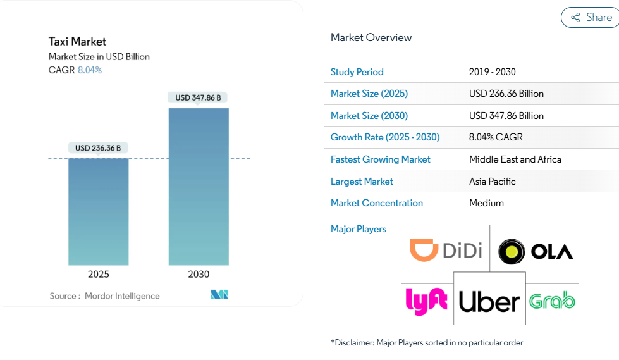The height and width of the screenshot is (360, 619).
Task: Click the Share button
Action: pyautogui.click(x=591, y=18)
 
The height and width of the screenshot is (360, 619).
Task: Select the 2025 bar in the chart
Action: pyautogui.click(x=99, y=211)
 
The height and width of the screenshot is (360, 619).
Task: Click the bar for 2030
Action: pyautogui.click(x=199, y=186)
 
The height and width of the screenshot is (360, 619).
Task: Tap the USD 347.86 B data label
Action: pyautogui.click(x=199, y=97)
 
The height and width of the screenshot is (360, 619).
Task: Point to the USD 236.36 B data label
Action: pyautogui.click(x=98, y=148)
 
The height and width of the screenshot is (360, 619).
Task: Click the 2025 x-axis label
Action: pyautogui.click(x=99, y=274)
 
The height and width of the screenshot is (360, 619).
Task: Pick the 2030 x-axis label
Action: pyautogui.click(x=199, y=274)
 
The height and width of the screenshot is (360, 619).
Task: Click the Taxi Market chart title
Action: pyautogui.click(x=78, y=42)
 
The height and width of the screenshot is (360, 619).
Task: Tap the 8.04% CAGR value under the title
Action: pyautogui.click(x=90, y=70)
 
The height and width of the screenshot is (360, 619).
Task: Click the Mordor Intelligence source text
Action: pyautogui.click(x=122, y=296)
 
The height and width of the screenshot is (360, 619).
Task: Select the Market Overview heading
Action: pyautogui.click(x=371, y=38)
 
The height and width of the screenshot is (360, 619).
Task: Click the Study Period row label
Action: pyautogui.click(x=357, y=72)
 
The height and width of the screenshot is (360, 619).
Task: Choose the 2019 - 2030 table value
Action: pyautogui.click(x=493, y=72)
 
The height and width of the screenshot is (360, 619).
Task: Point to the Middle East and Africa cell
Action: pyautogui.click(x=515, y=159)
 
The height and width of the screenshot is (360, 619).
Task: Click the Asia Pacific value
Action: pyautogui.click(x=493, y=182)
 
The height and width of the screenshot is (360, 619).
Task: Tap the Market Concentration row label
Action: pyautogui.click(x=377, y=203)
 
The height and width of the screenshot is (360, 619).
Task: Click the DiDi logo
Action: pyautogui.click(x=446, y=250)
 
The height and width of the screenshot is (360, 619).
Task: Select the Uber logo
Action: pyautogui.click(x=489, y=302)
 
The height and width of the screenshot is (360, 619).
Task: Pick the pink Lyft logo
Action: pyautogui.click(x=426, y=301)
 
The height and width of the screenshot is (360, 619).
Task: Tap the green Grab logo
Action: pyautogui.click(x=552, y=301)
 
